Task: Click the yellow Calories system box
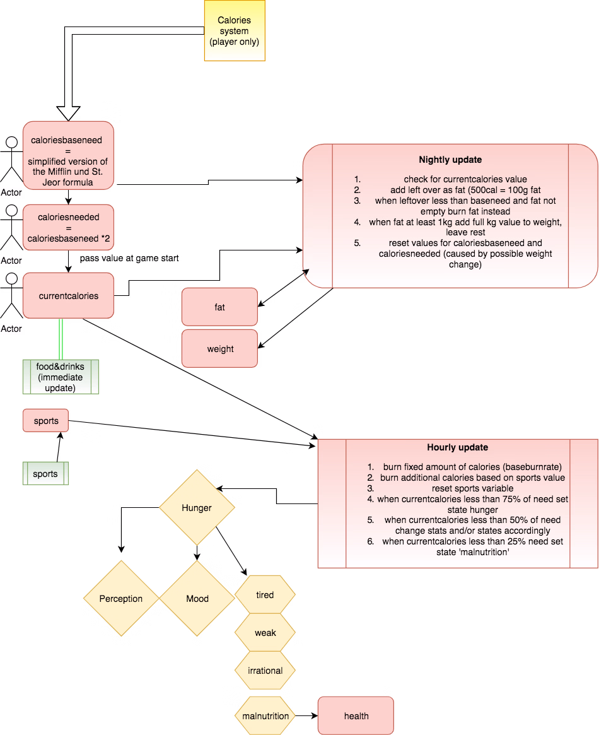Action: click(235, 30)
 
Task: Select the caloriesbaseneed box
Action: click(68, 156)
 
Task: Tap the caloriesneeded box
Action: click(68, 227)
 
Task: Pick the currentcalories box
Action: click(68, 295)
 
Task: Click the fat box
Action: click(219, 307)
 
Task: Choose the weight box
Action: click(219, 349)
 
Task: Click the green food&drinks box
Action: click(61, 377)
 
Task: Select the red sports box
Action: click(46, 420)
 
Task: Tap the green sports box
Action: click(46, 473)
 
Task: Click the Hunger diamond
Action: click(197, 508)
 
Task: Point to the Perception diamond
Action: click(121, 599)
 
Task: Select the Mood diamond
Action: click(197, 599)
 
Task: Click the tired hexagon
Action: click(265, 595)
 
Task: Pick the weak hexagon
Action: click(265, 633)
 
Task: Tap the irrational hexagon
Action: click(265, 670)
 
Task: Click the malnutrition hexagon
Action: click(265, 716)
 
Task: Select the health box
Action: click(356, 716)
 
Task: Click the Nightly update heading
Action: click(450, 160)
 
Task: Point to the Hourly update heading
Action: click(458, 447)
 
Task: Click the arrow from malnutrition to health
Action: click(307, 716)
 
